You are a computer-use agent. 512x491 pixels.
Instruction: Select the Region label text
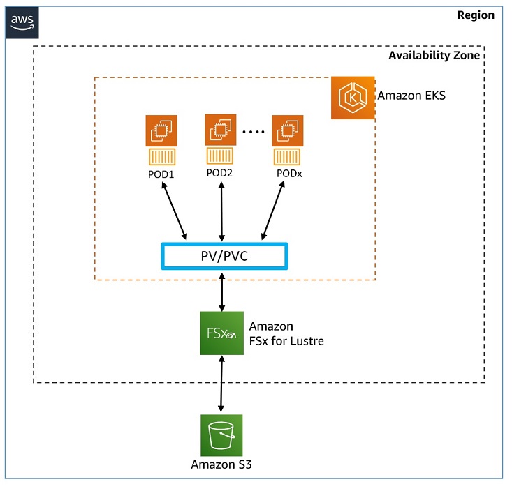475,15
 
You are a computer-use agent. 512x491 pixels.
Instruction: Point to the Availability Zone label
434,56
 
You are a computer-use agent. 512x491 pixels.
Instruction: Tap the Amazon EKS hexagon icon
353,98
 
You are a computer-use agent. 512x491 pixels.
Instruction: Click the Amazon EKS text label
411,96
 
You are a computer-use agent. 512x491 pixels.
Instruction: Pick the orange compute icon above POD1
161,130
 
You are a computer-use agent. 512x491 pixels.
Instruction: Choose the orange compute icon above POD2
221,130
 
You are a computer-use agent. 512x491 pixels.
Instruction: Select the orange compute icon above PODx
287,130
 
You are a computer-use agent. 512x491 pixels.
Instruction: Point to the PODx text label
287,174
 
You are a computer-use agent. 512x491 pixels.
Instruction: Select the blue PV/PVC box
224,255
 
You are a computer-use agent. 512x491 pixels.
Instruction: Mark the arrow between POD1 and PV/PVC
175,211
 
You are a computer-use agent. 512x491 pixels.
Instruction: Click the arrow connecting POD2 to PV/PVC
222,211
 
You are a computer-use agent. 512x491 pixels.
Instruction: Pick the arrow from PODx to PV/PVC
274,211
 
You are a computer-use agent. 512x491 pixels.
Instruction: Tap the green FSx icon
221,333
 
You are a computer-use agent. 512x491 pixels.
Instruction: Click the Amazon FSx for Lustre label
286,333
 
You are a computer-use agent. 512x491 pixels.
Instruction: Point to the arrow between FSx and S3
221,384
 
